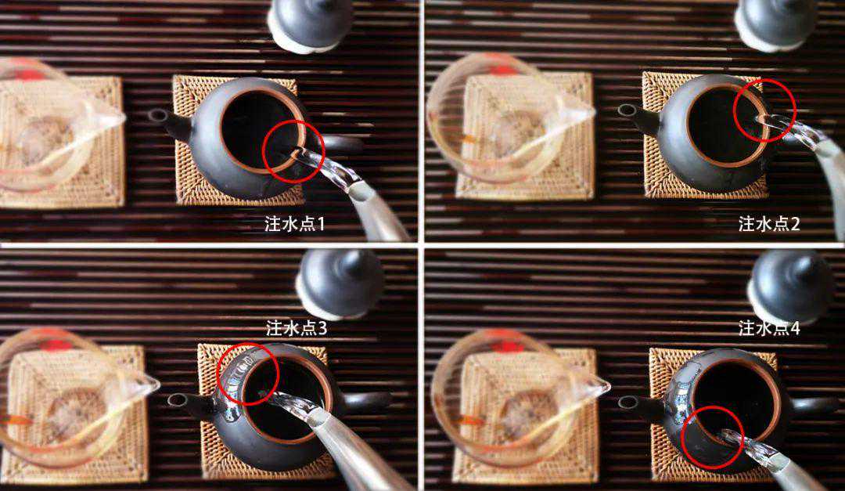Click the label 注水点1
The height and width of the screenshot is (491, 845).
point(294,225)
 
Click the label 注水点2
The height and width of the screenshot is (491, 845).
point(769,225)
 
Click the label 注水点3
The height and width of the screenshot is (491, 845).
point(296,328)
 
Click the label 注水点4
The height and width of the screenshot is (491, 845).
point(769,328)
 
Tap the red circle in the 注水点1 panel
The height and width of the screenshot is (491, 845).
point(293,152)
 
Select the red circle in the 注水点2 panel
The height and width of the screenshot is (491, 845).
point(764,110)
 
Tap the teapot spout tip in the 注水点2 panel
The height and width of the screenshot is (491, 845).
point(626,110)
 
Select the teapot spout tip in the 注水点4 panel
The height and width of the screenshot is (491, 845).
point(627,402)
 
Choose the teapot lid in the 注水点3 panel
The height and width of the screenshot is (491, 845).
point(340,283)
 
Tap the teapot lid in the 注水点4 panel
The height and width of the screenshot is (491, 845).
point(790,285)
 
